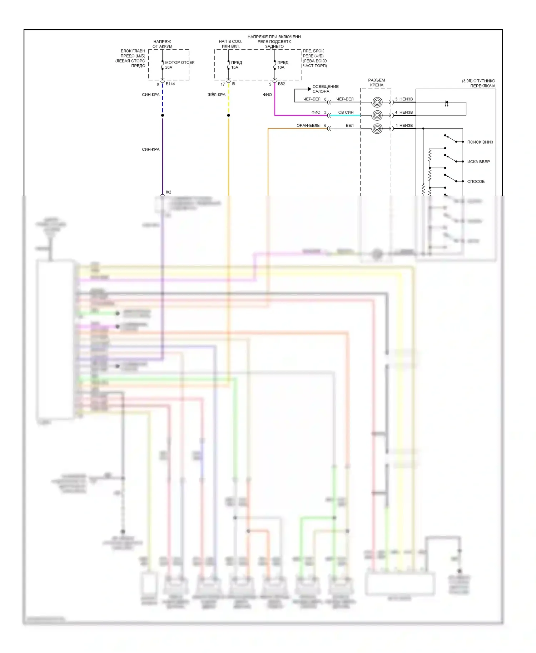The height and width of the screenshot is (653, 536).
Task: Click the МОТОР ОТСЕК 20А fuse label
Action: (x=179, y=65)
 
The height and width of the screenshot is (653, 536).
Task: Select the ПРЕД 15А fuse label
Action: (x=236, y=65)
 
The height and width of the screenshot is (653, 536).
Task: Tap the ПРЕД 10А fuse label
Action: (x=282, y=65)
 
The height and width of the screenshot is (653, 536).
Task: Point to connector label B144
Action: (x=170, y=84)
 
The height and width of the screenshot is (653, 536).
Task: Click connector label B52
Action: (x=282, y=84)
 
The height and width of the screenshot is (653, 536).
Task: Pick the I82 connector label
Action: (x=168, y=192)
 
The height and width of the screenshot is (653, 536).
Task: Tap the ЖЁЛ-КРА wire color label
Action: (x=217, y=95)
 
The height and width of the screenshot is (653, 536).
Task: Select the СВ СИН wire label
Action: (x=346, y=112)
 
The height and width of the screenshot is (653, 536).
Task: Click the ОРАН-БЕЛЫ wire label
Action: (x=308, y=125)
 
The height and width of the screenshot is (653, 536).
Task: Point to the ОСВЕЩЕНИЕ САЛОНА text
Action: (x=325, y=89)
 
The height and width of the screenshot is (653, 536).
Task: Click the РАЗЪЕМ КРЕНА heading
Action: (x=377, y=83)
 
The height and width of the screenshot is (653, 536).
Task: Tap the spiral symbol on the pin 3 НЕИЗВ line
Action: (x=377, y=102)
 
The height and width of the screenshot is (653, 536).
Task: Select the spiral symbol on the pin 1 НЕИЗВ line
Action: (x=377, y=129)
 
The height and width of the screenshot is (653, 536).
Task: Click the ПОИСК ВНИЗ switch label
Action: (x=480, y=142)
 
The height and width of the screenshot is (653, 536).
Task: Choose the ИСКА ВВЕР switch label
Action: (x=478, y=162)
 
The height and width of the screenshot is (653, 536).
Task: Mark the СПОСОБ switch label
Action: (x=476, y=181)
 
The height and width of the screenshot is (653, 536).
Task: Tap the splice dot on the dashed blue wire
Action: (x=163, y=115)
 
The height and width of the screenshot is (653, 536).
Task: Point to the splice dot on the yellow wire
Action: (x=229, y=115)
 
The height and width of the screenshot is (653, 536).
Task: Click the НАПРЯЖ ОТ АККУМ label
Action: (x=162, y=44)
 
